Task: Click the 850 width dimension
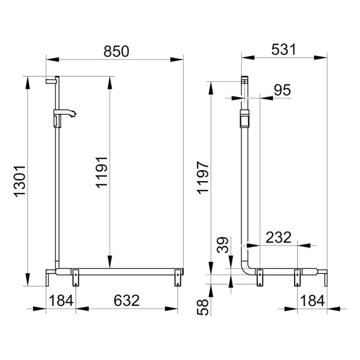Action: coord(116,51)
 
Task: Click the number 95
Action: coord(281,90)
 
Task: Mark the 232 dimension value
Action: coord(278,238)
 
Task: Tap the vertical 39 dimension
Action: coord(223,245)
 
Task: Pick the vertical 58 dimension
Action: coord(203,308)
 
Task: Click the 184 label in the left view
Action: coord(61,300)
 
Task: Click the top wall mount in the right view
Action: coord(245,81)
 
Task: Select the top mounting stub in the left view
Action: coord(52,80)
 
